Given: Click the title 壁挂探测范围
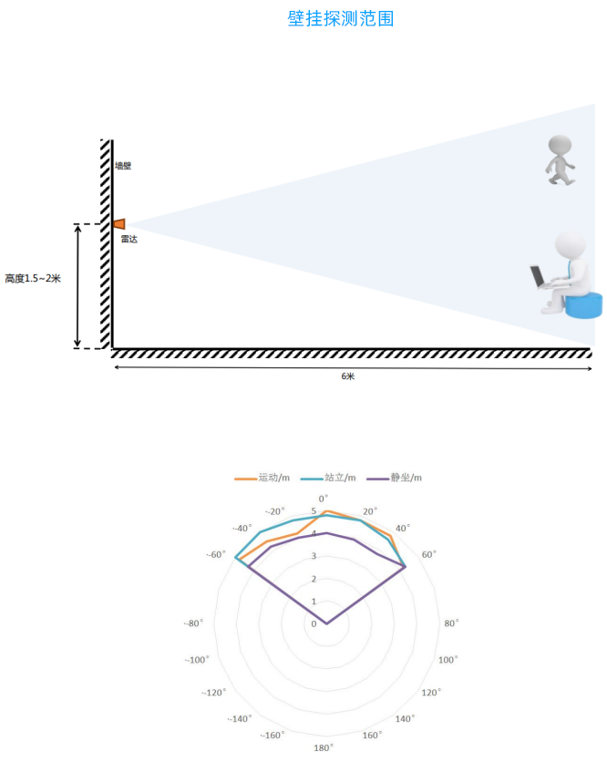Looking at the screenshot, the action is tap(340, 18).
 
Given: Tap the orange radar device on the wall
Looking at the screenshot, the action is tap(119, 223).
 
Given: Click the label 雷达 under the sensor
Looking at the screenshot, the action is tap(129, 239).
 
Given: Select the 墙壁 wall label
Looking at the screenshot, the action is tap(123, 166).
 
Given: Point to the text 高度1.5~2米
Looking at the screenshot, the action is tap(33, 279).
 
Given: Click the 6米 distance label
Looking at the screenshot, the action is tap(348, 376).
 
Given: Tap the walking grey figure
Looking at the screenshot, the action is tap(561, 160).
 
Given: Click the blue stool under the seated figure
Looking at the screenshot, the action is tap(583, 304).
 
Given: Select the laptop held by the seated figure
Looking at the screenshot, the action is tap(538, 276).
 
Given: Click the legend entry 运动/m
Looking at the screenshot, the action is tap(262, 478).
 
